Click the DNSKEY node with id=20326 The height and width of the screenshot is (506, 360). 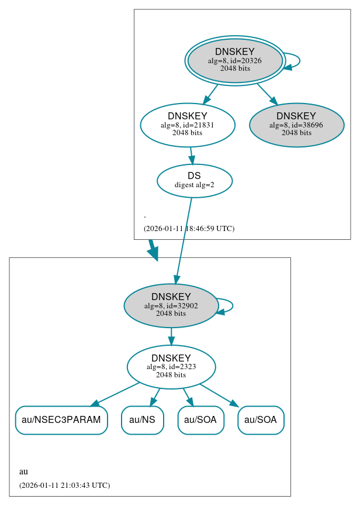(x=234, y=60)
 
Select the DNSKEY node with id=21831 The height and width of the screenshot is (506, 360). (x=187, y=125)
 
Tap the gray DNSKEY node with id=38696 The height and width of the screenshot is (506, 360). (x=296, y=125)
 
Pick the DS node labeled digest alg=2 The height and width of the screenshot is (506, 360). (x=194, y=181)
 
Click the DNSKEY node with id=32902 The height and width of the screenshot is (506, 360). (x=171, y=305)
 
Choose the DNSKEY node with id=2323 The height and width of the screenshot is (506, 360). (x=171, y=367)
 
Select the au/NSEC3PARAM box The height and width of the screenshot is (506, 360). (x=61, y=420)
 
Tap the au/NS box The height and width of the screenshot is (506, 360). (x=142, y=420)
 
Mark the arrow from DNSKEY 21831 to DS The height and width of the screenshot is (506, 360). (x=191, y=156)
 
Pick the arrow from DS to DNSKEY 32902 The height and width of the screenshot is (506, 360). (x=184, y=240)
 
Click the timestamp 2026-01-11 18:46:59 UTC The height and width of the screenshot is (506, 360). (x=189, y=229)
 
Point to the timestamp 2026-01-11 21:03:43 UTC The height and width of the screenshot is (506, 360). (x=64, y=486)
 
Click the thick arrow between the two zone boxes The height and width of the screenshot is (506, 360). (x=153, y=249)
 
